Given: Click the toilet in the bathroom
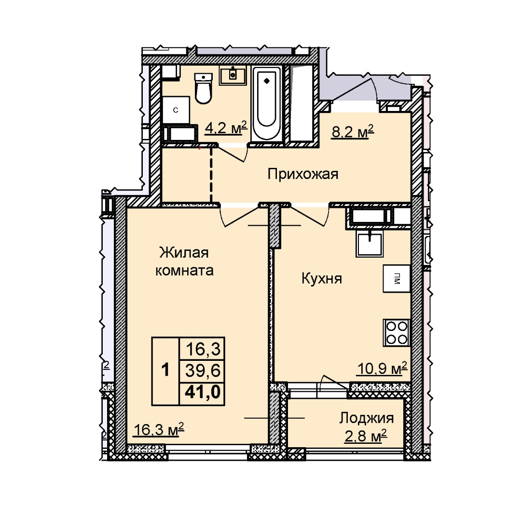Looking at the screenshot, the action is (x=203, y=89).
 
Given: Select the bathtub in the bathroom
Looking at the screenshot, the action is (x=266, y=104).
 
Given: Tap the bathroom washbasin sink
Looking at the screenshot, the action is (x=233, y=75).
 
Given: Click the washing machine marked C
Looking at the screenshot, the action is (x=176, y=110).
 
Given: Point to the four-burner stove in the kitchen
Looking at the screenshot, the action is (x=397, y=332).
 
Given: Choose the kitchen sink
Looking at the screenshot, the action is (x=369, y=244).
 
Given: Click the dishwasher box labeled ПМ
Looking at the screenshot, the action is (x=397, y=278).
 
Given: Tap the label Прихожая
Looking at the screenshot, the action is (x=302, y=174).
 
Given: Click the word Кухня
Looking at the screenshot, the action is (x=322, y=278).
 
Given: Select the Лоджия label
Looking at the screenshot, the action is (x=366, y=418).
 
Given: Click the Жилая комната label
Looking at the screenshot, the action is (x=184, y=261).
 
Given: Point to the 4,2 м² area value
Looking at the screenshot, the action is (x=226, y=127).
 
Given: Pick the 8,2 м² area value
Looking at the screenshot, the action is (x=353, y=132).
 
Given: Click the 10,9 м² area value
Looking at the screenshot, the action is (x=382, y=368).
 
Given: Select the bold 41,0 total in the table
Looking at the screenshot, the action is (x=203, y=393).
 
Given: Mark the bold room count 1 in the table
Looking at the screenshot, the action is (x=165, y=370).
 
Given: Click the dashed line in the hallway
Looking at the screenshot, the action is (x=211, y=175).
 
